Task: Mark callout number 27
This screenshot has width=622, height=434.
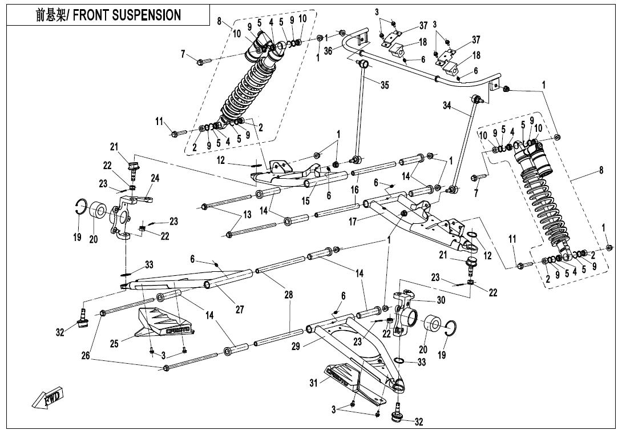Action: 240,310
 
